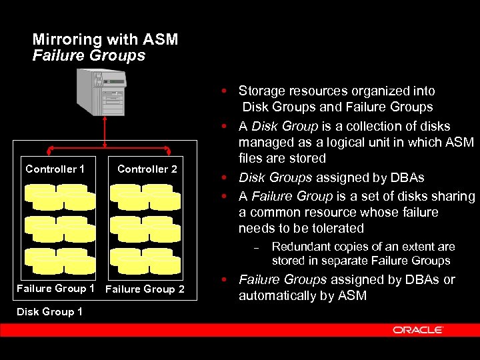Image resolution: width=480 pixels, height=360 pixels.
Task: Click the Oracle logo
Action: pyautogui.click(x=418, y=330)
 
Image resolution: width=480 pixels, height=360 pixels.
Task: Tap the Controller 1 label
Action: pyautogui.click(x=55, y=169)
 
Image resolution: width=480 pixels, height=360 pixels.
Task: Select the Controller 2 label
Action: pyautogui.click(x=147, y=169)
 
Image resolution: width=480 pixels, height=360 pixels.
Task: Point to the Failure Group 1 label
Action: pyautogui.click(x=55, y=289)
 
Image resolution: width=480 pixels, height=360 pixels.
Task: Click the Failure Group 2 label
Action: pyautogui.click(x=145, y=289)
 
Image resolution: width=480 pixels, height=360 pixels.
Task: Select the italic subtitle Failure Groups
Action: pyautogui.click(x=89, y=55)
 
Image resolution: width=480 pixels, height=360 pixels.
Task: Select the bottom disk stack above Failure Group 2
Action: pyautogui.click(x=145, y=261)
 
